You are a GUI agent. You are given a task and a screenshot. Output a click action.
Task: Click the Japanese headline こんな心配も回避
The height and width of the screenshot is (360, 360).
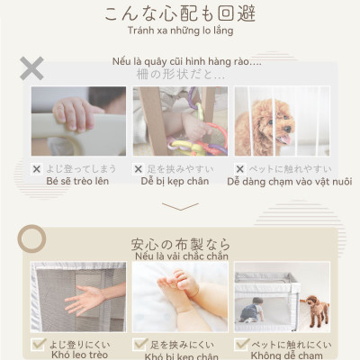coord(180,13)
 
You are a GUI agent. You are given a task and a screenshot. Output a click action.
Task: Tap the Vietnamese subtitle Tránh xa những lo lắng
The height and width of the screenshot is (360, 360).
coord(180,31)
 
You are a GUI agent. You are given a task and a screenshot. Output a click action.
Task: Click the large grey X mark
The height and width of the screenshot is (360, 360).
coord(31,67)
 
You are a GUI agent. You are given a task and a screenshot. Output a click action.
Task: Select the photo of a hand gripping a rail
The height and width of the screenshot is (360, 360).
coord(78,121)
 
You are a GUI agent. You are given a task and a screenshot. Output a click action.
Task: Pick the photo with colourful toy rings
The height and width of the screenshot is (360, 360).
coord(180,121)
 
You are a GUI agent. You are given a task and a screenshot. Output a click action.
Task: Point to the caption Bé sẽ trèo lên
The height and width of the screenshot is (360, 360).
coord(77,181)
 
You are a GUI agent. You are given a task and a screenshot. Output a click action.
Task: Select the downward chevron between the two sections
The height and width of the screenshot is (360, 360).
coord(180,207)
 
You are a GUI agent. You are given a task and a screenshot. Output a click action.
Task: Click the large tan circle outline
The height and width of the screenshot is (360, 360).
coord(32,238)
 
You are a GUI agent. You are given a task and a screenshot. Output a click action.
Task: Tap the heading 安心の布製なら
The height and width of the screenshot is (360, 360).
coord(180,244)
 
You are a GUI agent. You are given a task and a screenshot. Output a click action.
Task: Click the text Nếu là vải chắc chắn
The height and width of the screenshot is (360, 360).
coord(181,256)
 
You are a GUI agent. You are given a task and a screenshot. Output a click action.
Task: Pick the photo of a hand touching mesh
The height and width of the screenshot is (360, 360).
coord(78,297)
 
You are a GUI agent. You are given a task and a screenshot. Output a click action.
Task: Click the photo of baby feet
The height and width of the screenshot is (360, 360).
coord(180,297)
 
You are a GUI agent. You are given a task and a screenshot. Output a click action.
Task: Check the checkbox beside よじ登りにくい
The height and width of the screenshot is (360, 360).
coord(38,345)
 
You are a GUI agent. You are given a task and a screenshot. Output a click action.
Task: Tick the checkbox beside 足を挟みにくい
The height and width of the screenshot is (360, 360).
coord(139,345)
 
